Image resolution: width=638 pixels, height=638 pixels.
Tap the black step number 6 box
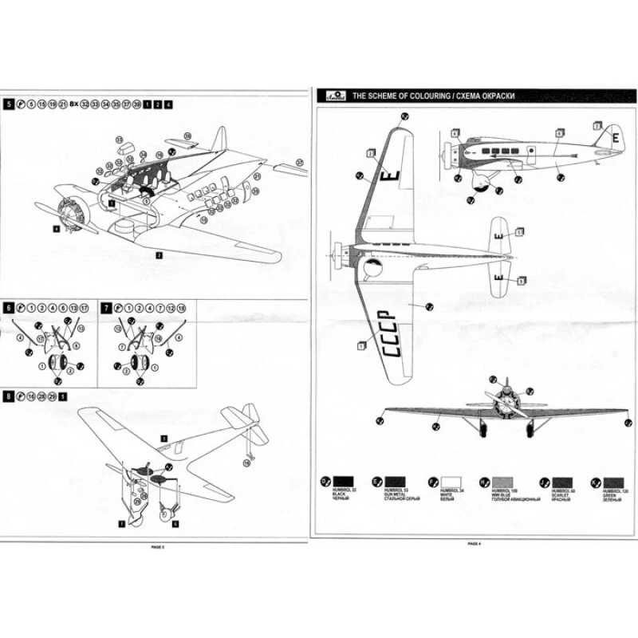tap(9, 306)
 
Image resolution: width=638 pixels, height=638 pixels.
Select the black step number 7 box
tap(108, 306)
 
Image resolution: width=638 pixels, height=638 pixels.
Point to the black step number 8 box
tap(9, 396)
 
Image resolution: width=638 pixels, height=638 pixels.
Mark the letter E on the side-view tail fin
tap(615, 136)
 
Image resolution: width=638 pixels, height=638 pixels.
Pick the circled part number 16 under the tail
tap(246, 463)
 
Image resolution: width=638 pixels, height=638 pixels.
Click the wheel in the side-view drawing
tap(481, 187)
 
